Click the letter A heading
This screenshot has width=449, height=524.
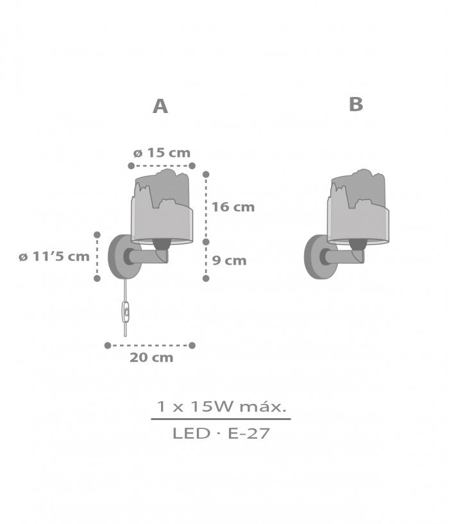(160, 106)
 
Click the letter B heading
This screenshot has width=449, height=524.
(356, 104)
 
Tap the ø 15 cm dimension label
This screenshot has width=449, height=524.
(162, 153)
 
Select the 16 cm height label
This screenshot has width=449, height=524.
(233, 207)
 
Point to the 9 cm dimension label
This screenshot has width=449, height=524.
(230, 260)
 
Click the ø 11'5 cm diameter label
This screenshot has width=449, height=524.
(54, 257)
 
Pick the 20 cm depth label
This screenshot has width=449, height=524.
(151, 358)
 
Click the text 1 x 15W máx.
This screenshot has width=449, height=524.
(221, 406)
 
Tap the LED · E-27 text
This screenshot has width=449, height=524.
(221, 433)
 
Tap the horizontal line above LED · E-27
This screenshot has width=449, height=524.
(221, 419)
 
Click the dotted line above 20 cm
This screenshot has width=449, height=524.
(149, 345)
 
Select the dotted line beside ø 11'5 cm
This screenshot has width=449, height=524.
(97, 257)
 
